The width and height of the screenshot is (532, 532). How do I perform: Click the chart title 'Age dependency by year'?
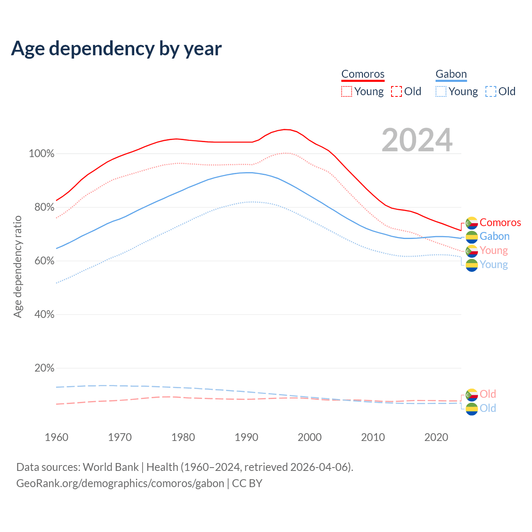(x=116, y=49)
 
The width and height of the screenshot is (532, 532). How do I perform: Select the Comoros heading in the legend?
(x=363, y=74)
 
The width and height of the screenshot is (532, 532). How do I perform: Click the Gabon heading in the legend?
(x=451, y=74)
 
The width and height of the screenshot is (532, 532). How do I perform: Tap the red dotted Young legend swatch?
(x=347, y=91)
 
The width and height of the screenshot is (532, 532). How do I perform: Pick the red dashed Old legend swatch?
(x=397, y=91)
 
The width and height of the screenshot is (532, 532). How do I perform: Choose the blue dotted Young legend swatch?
(x=441, y=91)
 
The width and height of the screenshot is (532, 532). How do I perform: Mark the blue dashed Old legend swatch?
(x=491, y=91)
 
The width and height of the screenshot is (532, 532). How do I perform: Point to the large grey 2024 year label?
(x=417, y=140)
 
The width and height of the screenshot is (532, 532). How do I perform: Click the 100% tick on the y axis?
(x=42, y=154)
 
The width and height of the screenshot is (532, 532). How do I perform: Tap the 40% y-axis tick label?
(x=44, y=315)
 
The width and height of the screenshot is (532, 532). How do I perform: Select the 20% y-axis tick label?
(x=44, y=368)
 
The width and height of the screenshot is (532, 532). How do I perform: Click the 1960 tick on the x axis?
(x=57, y=437)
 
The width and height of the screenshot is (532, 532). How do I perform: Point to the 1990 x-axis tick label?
(x=246, y=437)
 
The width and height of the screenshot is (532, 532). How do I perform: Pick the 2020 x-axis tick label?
(x=436, y=437)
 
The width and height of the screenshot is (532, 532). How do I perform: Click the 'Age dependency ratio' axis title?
(x=17, y=266)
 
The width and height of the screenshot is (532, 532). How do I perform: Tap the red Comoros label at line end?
(x=500, y=223)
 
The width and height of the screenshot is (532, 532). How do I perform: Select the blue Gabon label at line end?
(x=494, y=236)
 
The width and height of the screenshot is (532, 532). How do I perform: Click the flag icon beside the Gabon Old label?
(x=472, y=409)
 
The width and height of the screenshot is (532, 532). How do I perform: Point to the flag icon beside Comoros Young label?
(x=472, y=251)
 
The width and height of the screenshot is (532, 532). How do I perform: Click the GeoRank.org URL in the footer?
(x=120, y=483)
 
